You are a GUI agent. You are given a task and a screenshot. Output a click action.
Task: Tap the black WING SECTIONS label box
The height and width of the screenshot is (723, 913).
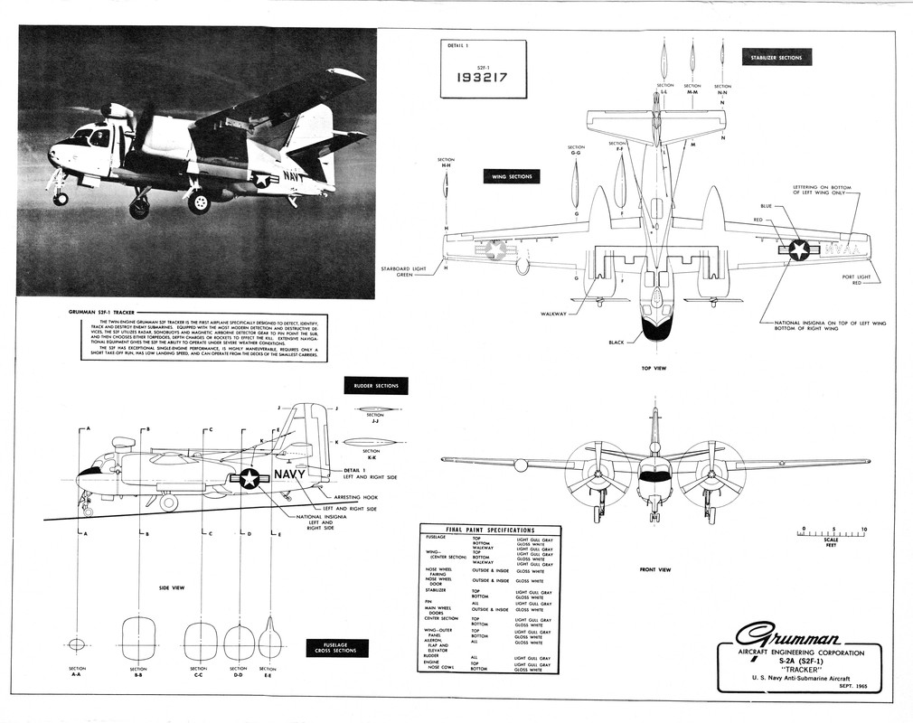(511, 176)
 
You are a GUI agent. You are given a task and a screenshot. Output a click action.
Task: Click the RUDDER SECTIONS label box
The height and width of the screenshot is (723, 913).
(377, 386)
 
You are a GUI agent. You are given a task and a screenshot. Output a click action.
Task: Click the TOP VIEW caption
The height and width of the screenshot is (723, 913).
(654, 368)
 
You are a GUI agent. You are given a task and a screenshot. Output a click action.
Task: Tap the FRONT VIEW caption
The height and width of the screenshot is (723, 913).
(654, 569)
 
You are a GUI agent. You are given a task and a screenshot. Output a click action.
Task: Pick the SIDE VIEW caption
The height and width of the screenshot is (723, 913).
(172, 587)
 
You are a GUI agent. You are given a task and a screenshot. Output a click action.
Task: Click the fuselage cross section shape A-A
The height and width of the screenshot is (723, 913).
(77, 644)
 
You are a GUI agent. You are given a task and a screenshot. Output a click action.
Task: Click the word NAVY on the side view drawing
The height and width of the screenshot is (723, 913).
(289, 474)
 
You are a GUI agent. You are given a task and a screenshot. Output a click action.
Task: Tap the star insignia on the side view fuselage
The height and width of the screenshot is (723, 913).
(249, 479)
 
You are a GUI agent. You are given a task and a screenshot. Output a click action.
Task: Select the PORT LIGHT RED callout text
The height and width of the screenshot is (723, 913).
(858, 279)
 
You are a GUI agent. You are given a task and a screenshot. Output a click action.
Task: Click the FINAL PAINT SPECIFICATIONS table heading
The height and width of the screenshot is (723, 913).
(490, 530)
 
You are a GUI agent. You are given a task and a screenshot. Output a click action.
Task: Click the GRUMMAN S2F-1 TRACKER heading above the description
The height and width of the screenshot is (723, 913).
(102, 312)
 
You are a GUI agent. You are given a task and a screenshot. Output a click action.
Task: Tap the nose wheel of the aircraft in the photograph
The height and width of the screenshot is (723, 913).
(61, 198)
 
